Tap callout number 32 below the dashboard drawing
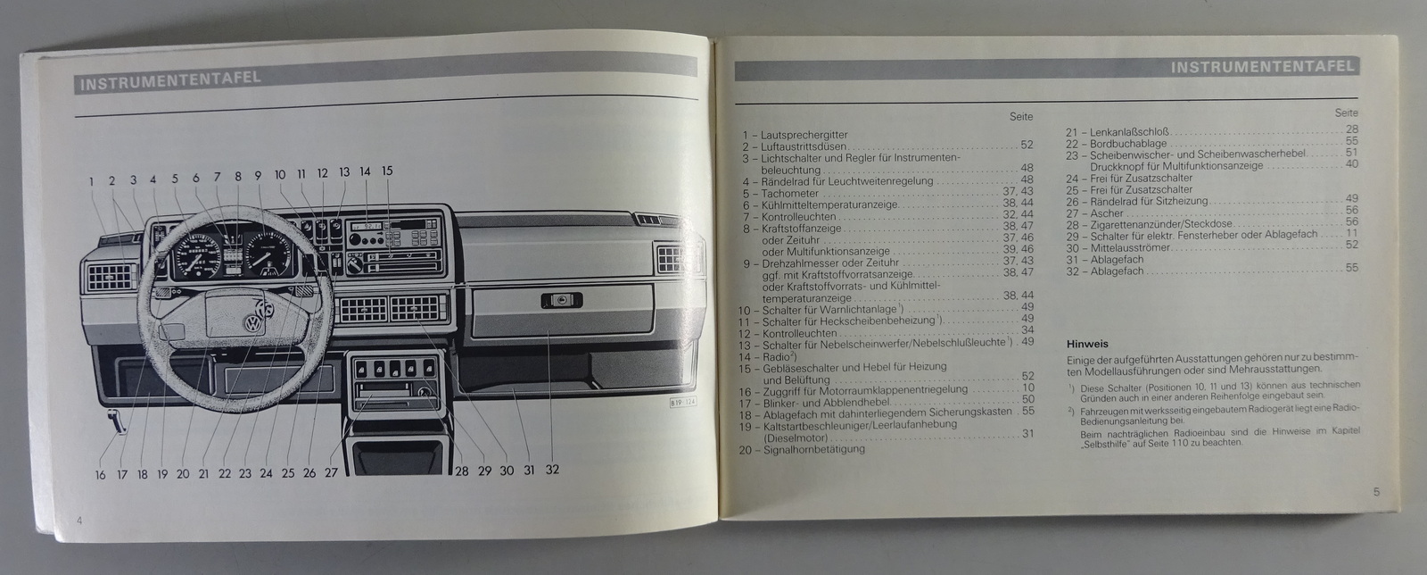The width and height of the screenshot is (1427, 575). point(551,469)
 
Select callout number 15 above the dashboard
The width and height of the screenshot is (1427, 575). point(386,171)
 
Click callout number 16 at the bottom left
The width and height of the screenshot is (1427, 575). point(100,475)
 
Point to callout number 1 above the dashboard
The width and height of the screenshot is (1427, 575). point(91,181)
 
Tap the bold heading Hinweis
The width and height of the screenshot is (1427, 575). point(1087,342)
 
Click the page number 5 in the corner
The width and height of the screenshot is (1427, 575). point(1376,490)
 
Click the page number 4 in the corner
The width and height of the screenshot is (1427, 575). point(79,520)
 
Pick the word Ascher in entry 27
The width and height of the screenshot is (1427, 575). point(1106,212)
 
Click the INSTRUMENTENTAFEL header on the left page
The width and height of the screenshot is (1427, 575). point(169,81)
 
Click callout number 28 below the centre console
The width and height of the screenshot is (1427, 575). point(462,471)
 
